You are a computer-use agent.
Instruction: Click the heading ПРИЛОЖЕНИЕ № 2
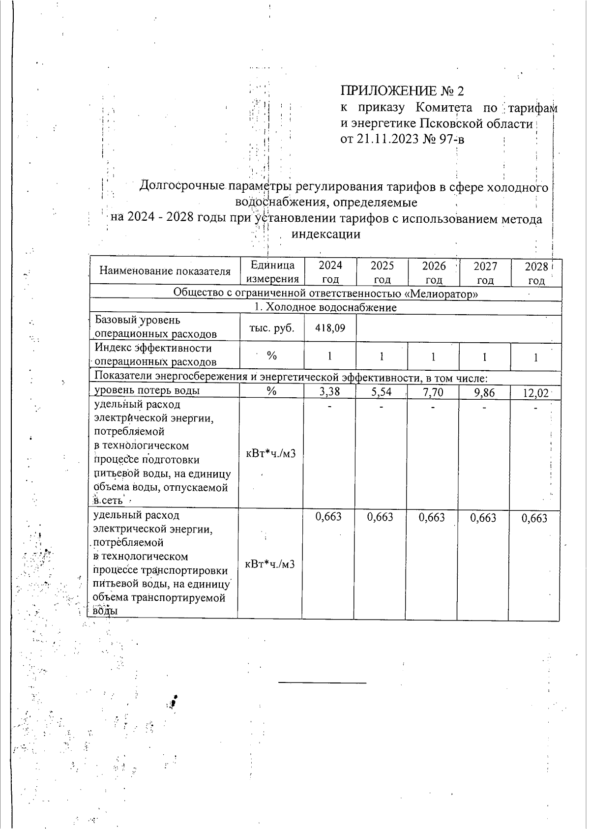pyautogui.click(x=402, y=91)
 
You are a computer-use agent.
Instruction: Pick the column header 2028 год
pyautogui.click(x=536, y=273)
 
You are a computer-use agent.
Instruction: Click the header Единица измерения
pyautogui.click(x=272, y=272)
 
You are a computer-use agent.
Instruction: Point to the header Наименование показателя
pyautogui.click(x=165, y=271)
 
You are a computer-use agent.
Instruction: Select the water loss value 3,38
pyautogui.click(x=329, y=392)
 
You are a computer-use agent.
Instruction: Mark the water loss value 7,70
pyautogui.click(x=433, y=392)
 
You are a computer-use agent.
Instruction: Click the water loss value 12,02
pyautogui.click(x=535, y=393)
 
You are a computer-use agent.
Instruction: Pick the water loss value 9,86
pyautogui.click(x=484, y=393)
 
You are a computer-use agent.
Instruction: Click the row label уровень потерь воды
pyautogui.click(x=147, y=391)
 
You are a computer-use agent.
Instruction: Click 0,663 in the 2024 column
pyautogui.click(x=328, y=518)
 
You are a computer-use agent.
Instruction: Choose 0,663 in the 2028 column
pyautogui.click(x=534, y=519)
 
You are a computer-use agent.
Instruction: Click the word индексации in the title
pyautogui.click(x=326, y=235)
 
